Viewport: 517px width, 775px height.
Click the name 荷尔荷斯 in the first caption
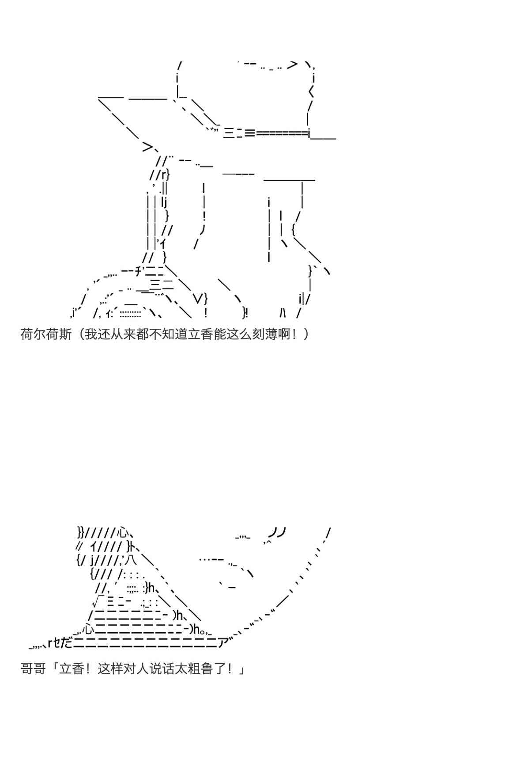(x=46, y=334)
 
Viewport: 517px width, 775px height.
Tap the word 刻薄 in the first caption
(x=265, y=334)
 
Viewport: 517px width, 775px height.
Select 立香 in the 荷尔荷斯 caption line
(x=200, y=334)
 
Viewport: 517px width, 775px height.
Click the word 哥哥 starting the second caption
(x=33, y=669)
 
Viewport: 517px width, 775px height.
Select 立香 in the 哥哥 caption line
(x=72, y=669)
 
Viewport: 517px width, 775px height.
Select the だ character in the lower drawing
(x=66, y=643)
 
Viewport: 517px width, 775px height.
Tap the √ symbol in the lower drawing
(x=98, y=601)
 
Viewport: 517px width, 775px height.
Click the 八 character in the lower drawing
(x=131, y=560)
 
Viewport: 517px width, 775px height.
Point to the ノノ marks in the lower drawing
(x=277, y=532)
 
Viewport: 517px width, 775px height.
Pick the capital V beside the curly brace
(x=199, y=298)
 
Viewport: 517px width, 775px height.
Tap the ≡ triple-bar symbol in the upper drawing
(x=249, y=132)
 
